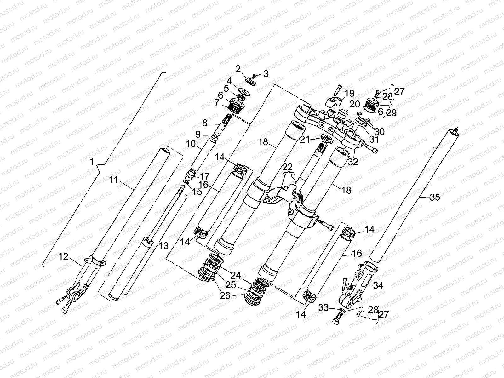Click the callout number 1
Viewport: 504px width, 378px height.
92,162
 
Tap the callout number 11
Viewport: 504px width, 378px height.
114,180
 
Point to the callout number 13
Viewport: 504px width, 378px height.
163,246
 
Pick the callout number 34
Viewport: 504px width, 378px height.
378,285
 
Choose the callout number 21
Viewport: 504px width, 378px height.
305,139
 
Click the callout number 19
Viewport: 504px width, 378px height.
349,93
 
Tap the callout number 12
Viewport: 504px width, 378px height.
63,257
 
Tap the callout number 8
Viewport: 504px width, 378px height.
205,123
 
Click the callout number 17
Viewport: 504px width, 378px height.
204,175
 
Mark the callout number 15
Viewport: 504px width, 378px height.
198,192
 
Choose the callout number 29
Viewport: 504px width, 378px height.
392,113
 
